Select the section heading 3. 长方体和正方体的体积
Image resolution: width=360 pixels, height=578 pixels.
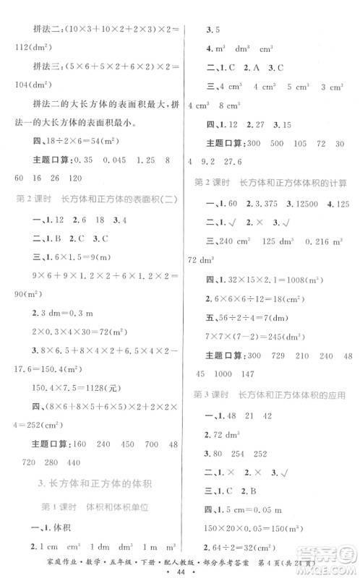click(x=96, y=481)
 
